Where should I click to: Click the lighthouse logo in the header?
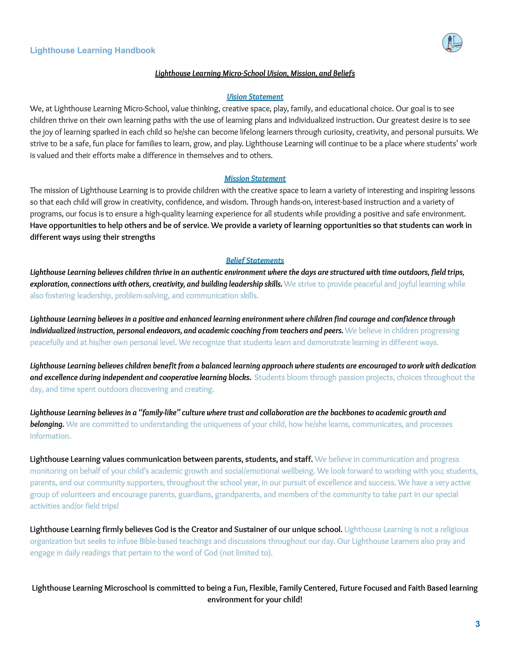click(x=452, y=43)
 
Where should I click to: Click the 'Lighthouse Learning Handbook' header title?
click(x=92, y=50)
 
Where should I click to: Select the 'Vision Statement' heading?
click(x=255, y=97)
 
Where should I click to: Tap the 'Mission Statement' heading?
click(x=255, y=179)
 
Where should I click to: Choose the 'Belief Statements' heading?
click(x=255, y=261)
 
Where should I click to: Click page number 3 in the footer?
click(x=477, y=624)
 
